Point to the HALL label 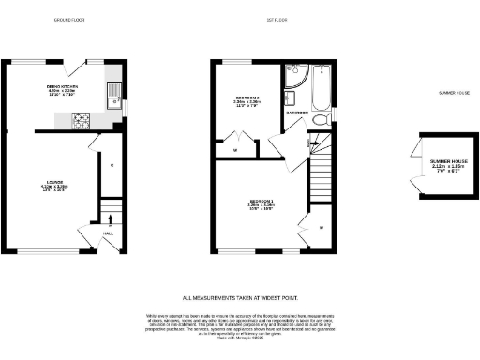(x=108, y=233)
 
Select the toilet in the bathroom (x=322, y=119)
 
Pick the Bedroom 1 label (x=262, y=204)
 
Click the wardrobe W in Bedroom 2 (x=235, y=149)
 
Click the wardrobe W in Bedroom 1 (x=321, y=228)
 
